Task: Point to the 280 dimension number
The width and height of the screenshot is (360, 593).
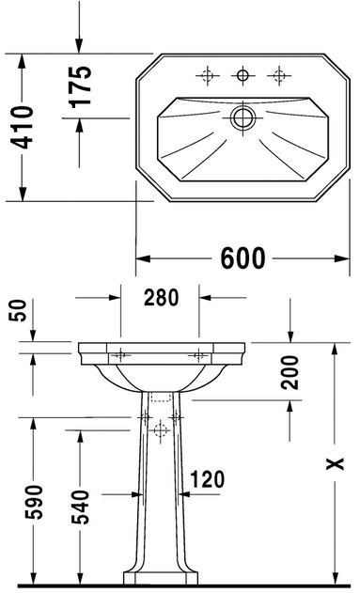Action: pyautogui.click(x=160, y=300)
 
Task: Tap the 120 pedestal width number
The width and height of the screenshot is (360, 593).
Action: pyautogui.click(x=208, y=480)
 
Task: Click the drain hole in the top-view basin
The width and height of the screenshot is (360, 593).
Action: pyautogui.click(x=243, y=117)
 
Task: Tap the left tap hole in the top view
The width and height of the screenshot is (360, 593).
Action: pyautogui.click(x=208, y=74)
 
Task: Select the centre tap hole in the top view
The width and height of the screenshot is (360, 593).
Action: pyautogui.click(x=243, y=74)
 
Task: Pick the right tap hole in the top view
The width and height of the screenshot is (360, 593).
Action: pyautogui.click(x=277, y=74)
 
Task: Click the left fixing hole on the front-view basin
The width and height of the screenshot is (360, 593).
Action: pyautogui.click(x=121, y=355)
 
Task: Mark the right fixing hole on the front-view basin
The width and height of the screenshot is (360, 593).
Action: pyautogui.click(x=199, y=355)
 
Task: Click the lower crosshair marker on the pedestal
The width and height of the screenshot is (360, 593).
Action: pyautogui.click(x=160, y=428)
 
